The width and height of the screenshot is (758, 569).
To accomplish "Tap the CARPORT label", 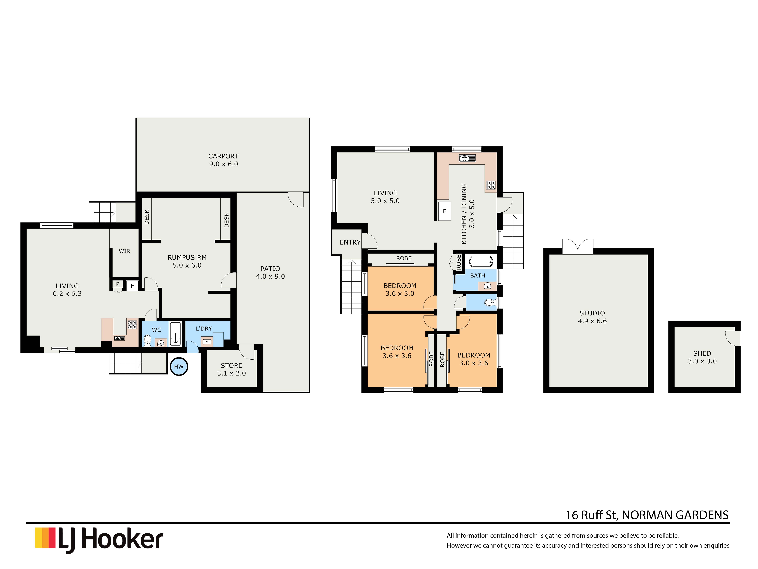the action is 223,156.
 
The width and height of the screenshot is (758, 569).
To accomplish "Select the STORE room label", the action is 231,366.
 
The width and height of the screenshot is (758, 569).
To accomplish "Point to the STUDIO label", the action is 592,313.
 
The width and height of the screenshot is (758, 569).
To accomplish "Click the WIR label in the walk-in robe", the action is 124,251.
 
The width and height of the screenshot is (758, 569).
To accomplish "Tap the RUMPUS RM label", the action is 187,257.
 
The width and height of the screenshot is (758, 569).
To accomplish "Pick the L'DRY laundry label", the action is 204,329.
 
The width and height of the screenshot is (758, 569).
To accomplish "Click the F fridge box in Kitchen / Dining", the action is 444,211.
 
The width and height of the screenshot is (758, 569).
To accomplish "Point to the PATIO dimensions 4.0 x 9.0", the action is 270,276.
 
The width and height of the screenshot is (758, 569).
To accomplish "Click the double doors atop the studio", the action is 578,246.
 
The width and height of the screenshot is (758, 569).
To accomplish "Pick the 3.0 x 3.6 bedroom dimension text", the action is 474,363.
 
